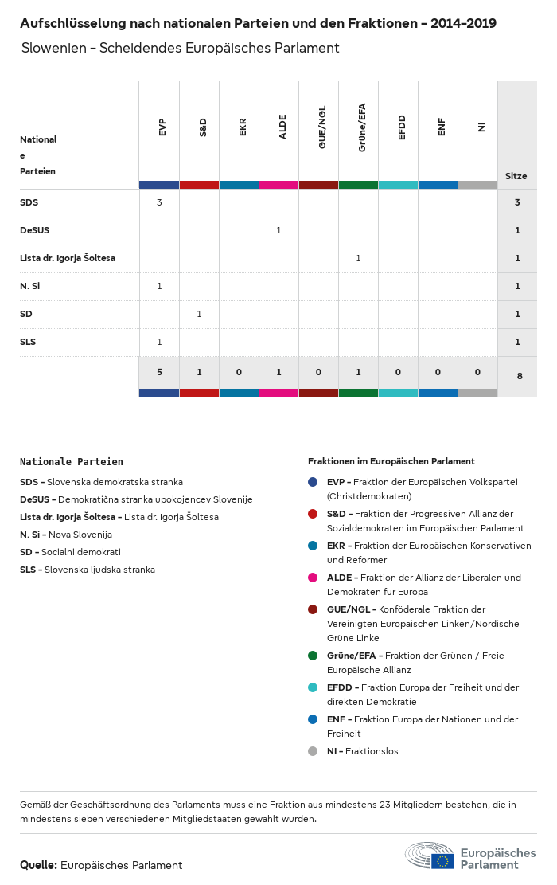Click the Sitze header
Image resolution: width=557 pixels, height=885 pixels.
click(x=516, y=176)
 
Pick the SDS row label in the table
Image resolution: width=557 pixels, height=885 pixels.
click(x=29, y=202)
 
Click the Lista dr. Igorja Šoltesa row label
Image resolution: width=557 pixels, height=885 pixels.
click(x=68, y=258)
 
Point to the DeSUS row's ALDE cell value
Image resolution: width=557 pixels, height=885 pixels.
click(x=278, y=230)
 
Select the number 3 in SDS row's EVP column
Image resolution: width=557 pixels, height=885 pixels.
click(x=159, y=202)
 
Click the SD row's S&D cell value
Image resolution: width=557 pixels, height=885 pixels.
click(x=199, y=314)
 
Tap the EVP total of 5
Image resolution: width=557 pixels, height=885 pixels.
click(x=159, y=372)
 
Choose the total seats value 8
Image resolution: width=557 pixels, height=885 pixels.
click(x=519, y=375)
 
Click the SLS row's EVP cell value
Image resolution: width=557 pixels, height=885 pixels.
click(x=159, y=342)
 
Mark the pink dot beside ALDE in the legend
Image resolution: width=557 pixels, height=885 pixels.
click(x=313, y=578)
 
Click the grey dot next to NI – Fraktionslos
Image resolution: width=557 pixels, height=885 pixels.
click(x=313, y=751)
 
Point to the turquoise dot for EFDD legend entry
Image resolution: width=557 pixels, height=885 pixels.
click(x=313, y=687)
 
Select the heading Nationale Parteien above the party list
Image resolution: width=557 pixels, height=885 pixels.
click(x=72, y=461)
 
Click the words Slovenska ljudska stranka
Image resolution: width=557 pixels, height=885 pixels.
click(x=99, y=570)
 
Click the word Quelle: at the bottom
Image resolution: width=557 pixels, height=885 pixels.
click(x=38, y=865)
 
